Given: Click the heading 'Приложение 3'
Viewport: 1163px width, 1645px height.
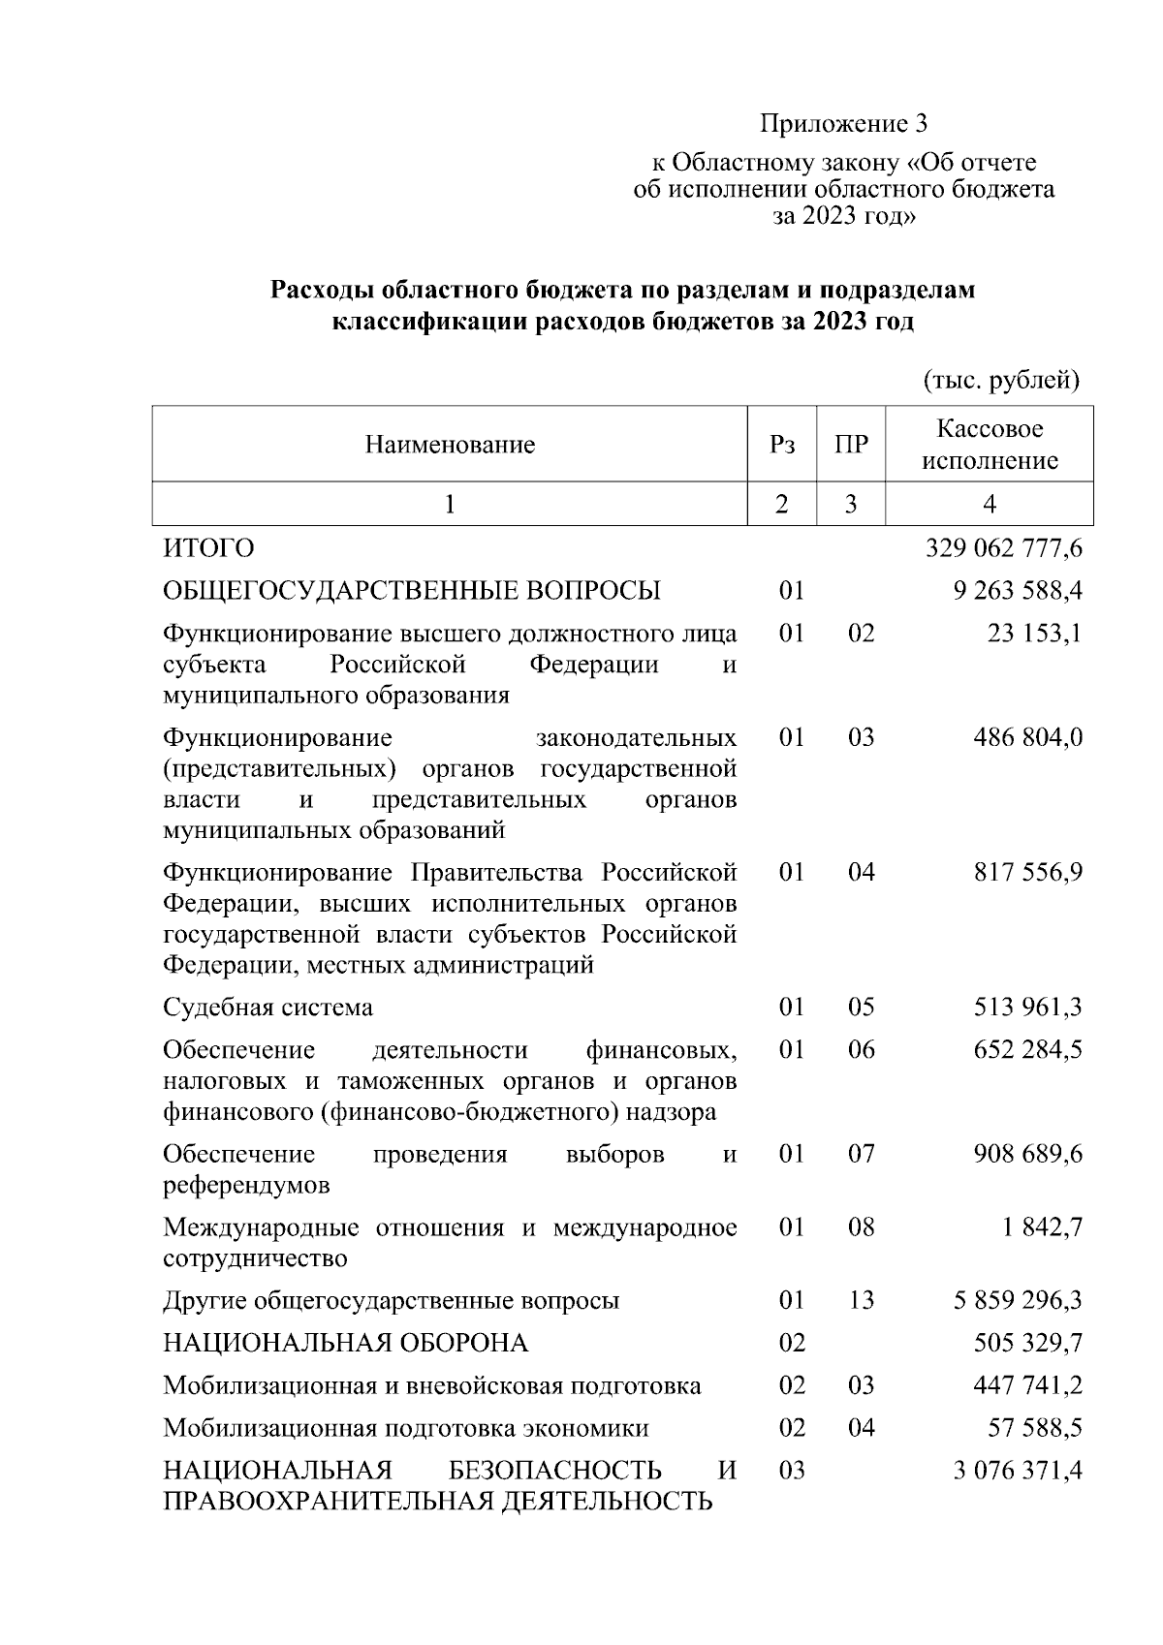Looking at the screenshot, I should point(843,124).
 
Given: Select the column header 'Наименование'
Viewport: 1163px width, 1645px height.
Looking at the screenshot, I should point(450,445).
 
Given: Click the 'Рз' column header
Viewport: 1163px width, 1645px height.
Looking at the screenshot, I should point(781,445).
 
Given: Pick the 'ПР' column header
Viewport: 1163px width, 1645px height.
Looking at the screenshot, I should point(850,445).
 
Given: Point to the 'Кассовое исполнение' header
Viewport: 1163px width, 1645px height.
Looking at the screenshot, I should point(989,445).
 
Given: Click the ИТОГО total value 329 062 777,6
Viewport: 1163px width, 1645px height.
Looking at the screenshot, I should point(1003,548).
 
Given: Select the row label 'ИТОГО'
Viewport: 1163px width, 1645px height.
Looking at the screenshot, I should point(208,548).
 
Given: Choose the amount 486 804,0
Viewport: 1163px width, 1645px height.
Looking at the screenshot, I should point(1027,738).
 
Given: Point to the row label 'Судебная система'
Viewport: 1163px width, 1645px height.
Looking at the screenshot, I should point(267,1008).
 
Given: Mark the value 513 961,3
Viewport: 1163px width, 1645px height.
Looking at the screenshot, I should point(1027,1008).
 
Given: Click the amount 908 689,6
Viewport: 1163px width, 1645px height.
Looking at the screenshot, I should point(1027,1155).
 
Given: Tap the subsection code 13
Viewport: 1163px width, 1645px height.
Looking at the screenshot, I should point(861,1300).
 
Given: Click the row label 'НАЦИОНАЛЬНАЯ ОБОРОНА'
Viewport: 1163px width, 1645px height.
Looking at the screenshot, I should point(345,1343).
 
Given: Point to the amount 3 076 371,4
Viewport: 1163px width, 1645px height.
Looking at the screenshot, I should point(1017,1471).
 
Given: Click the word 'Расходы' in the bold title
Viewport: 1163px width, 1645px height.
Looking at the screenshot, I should point(323,291).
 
